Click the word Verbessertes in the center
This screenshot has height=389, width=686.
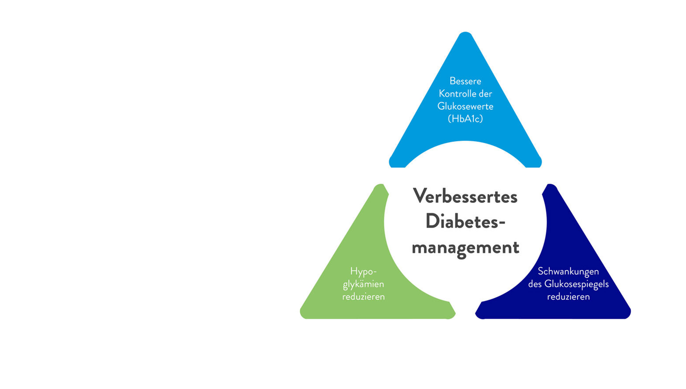click(465, 197)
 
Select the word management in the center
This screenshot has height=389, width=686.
click(465, 248)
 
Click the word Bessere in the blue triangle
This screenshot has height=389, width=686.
click(465, 81)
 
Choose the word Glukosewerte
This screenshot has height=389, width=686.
click(465, 106)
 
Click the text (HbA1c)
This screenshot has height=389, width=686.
click(465, 119)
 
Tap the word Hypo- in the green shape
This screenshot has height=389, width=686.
click(363, 271)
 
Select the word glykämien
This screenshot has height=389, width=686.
click(363, 284)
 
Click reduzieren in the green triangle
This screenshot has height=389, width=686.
click(363, 297)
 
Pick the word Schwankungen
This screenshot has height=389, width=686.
click(568, 271)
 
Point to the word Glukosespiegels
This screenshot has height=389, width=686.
click(576, 284)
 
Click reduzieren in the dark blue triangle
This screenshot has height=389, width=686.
click(568, 297)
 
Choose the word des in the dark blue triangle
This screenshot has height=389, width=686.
click(535, 284)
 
